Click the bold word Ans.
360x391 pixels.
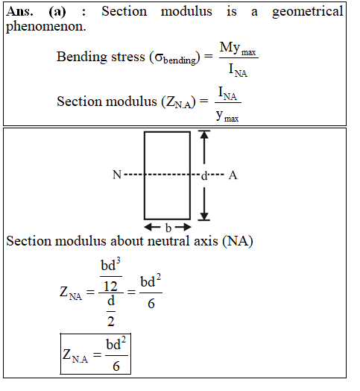pos(19,11)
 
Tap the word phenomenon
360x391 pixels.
pos(46,27)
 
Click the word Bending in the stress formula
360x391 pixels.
pos(82,57)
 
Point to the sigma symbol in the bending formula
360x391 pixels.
pos(159,57)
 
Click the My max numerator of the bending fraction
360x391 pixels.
pos(238,49)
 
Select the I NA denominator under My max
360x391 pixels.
pos(238,70)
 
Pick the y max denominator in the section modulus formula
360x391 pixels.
pos(227,116)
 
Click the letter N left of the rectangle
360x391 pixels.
pos(117,175)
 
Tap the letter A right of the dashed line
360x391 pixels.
pos(233,175)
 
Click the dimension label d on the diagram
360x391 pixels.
pos(204,176)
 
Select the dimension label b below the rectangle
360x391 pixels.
pos(168,228)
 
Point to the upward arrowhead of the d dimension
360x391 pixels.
pos(204,135)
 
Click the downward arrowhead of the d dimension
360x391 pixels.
pos(204,216)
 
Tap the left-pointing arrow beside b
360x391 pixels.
pos(152,227)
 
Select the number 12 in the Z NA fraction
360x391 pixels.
pos(110,287)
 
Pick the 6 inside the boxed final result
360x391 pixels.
pos(116,366)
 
